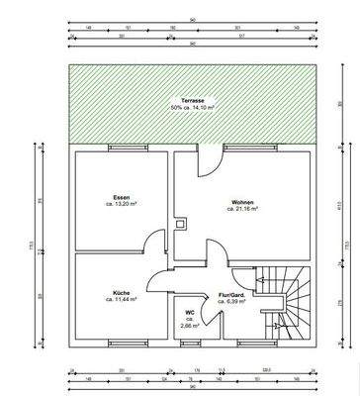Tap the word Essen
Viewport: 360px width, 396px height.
click(x=124, y=196)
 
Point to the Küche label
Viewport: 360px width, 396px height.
click(x=122, y=293)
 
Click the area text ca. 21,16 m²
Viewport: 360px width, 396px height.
click(x=242, y=209)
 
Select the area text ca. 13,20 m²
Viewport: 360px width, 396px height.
click(x=124, y=204)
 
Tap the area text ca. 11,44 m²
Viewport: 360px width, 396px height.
click(x=122, y=300)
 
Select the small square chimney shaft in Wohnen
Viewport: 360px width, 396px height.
click(x=179, y=224)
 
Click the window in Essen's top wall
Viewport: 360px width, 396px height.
click(x=123, y=148)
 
